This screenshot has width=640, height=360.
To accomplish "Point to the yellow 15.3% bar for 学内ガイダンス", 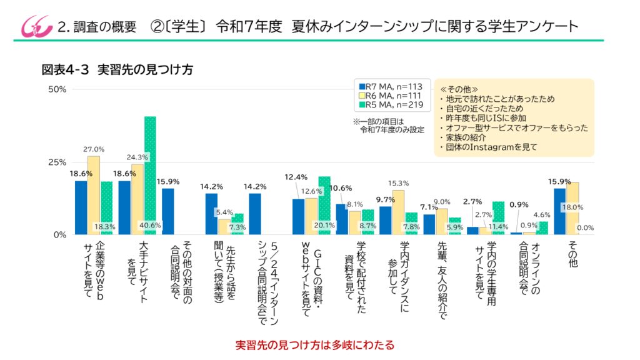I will [x=398, y=212].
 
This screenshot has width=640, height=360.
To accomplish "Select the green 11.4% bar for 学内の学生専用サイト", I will [x=498, y=218].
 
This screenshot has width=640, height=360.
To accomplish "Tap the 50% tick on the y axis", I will [x=57, y=89].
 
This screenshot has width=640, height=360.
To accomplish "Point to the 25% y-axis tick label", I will [x=57, y=162].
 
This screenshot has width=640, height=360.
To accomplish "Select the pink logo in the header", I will [x=31, y=26].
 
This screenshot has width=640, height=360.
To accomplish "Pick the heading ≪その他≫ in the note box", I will [x=459, y=89].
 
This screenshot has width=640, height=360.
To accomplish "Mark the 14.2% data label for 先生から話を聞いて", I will [x=212, y=186].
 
